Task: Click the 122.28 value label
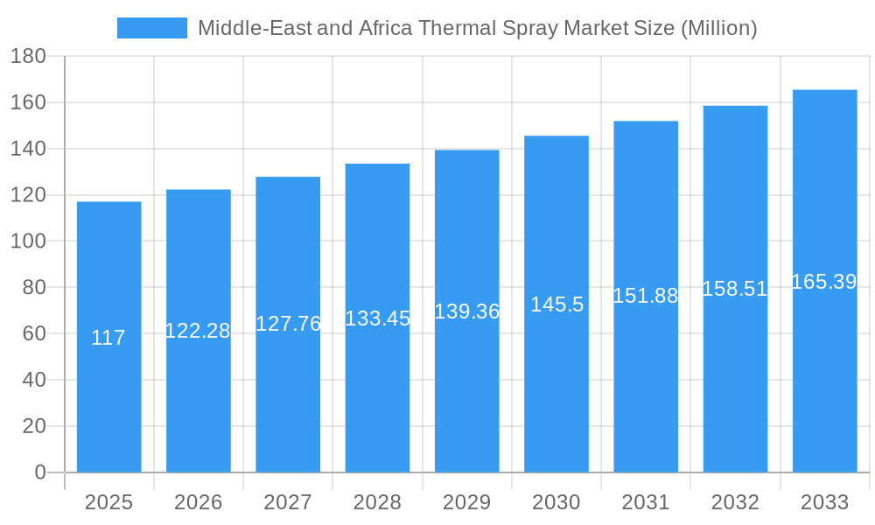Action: click(198, 331)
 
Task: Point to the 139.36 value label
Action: click(466, 311)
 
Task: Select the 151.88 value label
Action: click(646, 296)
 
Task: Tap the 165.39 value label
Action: click(824, 282)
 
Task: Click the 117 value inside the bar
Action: click(108, 338)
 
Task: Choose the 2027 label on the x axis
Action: click(288, 502)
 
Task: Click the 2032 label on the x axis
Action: click(735, 502)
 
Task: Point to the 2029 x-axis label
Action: click(466, 502)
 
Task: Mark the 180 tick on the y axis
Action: click(28, 57)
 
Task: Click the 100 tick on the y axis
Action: click(28, 241)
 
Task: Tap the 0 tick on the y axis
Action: click(39, 472)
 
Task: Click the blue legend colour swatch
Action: click(152, 28)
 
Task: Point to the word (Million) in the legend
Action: click(718, 28)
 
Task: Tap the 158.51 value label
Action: click(735, 289)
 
